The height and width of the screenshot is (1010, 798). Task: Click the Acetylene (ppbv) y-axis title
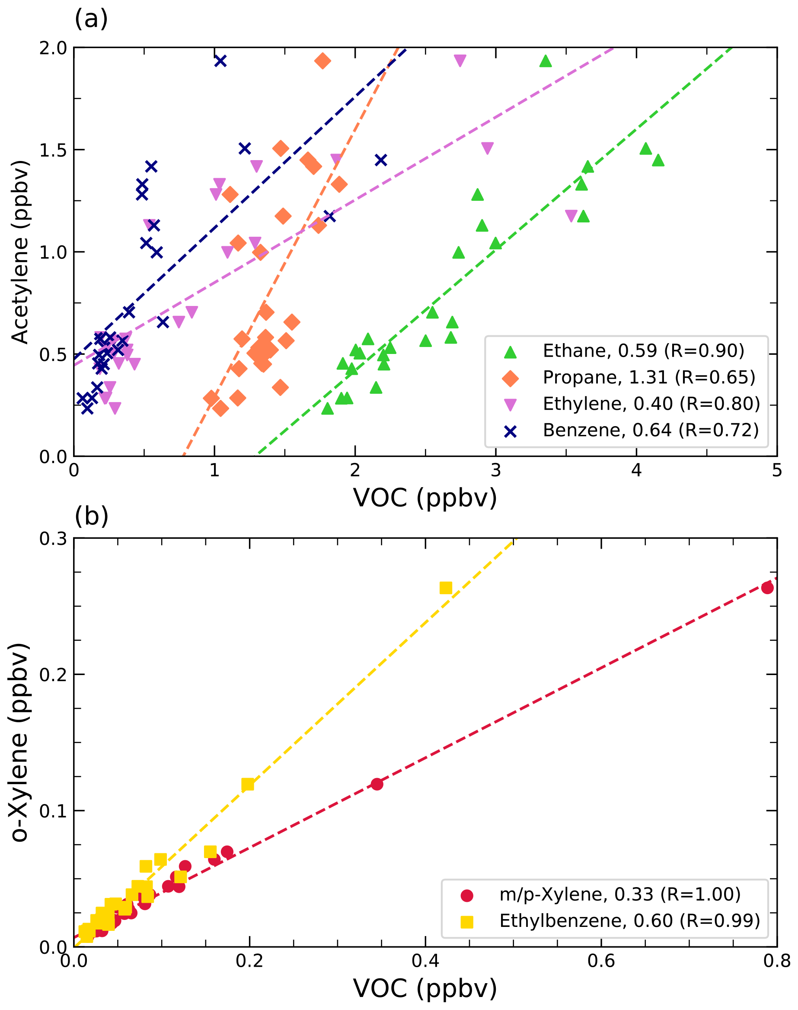click(x=19, y=253)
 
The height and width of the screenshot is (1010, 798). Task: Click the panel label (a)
click(x=91, y=19)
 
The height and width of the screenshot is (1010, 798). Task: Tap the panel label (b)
click(x=91, y=516)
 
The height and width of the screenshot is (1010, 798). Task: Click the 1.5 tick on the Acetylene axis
click(x=53, y=150)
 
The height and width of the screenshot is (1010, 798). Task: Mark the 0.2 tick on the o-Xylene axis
click(x=53, y=675)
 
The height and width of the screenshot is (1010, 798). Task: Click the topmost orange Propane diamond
click(x=322, y=61)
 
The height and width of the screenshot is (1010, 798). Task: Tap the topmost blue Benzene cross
click(x=220, y=61)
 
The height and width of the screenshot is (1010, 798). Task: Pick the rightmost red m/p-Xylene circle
click(x=767, y=588)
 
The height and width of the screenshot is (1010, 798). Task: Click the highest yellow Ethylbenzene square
click(x=446, y=588)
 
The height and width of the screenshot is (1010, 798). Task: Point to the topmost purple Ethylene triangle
click(x=460, y=61)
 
